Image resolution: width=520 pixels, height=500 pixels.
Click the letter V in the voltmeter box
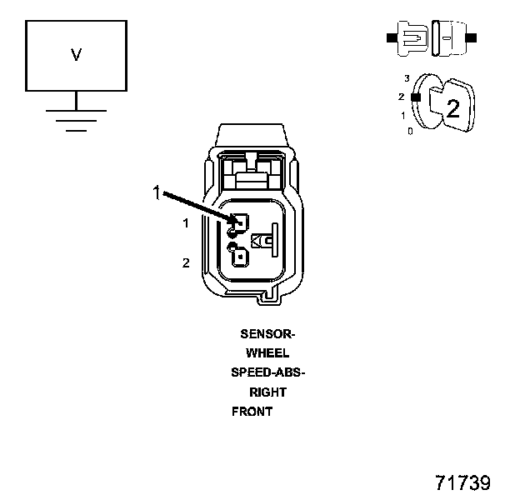(76, 56)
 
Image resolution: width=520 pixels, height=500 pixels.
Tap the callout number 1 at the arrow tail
(155, 192)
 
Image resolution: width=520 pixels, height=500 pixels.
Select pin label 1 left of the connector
(186, 223)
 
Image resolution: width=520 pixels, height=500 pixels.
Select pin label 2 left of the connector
(186, 263)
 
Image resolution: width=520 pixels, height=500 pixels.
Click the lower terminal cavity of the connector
(240, 256)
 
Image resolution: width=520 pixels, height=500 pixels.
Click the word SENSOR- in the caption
(267, 334)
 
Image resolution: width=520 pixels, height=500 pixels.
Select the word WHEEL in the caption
(267, 353)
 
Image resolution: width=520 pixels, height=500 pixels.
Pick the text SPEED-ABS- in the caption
(267, 372)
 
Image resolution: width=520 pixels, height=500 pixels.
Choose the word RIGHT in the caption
(267, 392)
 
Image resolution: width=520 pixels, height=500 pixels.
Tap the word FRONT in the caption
(252, 412)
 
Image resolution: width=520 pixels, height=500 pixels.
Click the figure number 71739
(462, 483)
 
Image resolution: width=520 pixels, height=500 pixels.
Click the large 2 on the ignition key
(452, 107)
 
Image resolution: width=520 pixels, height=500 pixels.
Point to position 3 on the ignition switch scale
(407, 78)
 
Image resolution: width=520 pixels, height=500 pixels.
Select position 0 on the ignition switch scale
(410, 132)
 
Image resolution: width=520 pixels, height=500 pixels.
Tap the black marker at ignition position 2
(414, 97)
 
